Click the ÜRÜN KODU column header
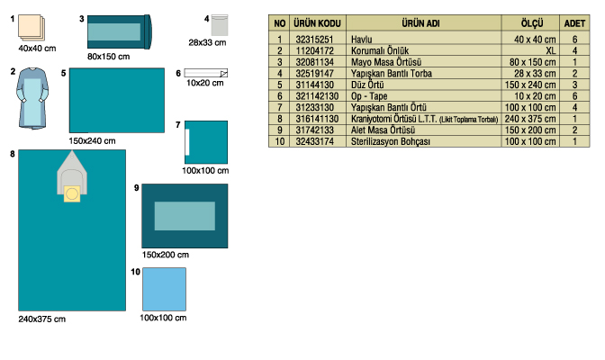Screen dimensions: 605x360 (x=317, y=23)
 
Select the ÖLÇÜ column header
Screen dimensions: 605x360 (x=532, y=23)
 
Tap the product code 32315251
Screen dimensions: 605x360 (x=314, y=40)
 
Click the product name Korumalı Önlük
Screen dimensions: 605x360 (x=380, y=50)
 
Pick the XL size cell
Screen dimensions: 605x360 (x=550, y=50)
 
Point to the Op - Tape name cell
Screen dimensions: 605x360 (x=369, y=96)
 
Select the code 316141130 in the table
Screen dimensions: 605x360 (x=317, y=119)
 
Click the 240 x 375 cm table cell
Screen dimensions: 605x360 (x=530, y=119)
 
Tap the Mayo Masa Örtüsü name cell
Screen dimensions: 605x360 (x=386, y=62)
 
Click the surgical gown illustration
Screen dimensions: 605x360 (x=32, y=98)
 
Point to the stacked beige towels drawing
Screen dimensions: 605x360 (x=32, y=27)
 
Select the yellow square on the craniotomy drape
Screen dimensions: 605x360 (x=72, y=193)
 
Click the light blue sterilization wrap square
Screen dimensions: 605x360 (x=165, y=290)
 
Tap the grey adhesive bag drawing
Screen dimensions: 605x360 (x=220, y=25)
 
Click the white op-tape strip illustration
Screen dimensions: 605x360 (x=206, y=73)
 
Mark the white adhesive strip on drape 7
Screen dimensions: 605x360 (x=187, y=142)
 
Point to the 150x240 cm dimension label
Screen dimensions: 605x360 (x=92, y=141)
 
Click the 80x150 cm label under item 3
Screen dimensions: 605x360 (x=108, y=57)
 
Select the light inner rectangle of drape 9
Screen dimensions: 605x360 (x=185, y=216)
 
